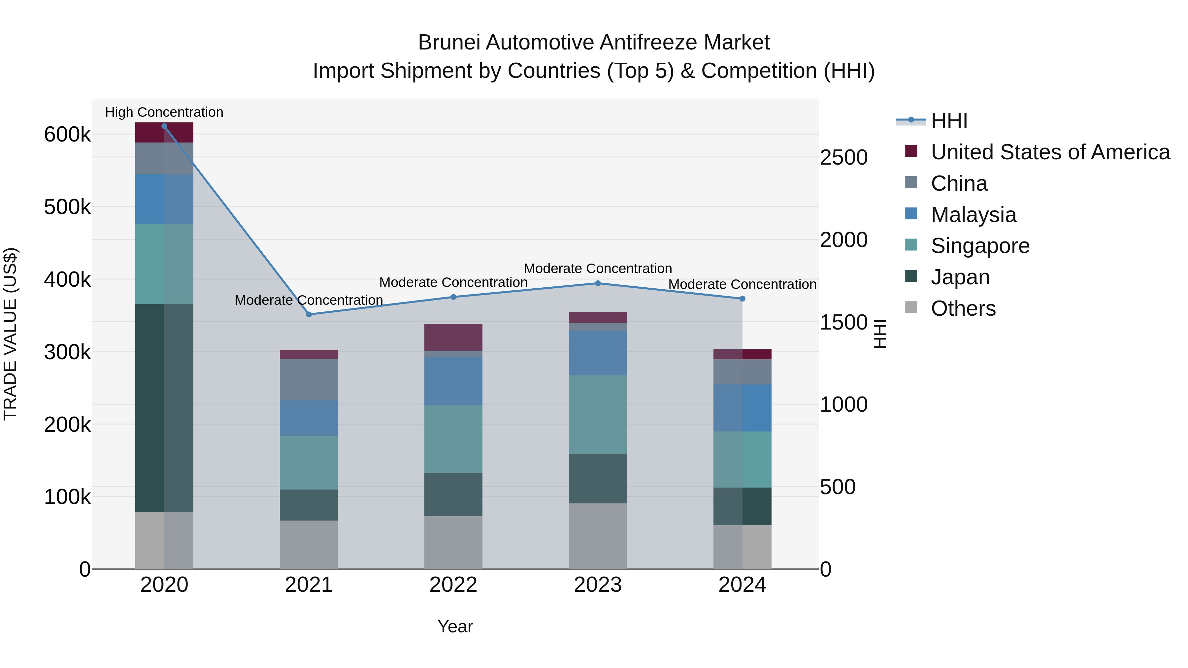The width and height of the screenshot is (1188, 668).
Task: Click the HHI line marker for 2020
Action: (164, 126)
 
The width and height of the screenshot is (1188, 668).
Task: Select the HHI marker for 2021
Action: (309, 314)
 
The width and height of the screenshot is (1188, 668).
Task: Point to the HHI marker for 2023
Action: (598, 283)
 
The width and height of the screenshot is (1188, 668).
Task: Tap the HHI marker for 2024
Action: (742, 299)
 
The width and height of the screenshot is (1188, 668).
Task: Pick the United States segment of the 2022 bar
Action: (453, 337)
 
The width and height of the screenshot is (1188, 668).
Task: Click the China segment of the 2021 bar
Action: (309, 379)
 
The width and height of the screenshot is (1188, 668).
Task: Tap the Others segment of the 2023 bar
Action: (598, 536)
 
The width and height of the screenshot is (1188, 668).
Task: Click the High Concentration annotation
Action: (164, 112)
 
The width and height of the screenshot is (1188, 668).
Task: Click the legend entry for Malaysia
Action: (973, 215)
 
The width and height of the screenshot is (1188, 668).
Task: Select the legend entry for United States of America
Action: (1050, 152)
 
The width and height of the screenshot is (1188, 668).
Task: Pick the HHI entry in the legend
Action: (949, 121)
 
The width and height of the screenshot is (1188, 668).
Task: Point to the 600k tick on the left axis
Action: (67, 135)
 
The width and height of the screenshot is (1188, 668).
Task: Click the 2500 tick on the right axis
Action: (843, 157)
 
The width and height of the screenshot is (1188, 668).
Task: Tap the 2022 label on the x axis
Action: (453, 585)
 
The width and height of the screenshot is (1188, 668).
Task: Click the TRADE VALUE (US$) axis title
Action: (10, 334)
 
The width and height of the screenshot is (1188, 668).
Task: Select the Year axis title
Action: (455, 626)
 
